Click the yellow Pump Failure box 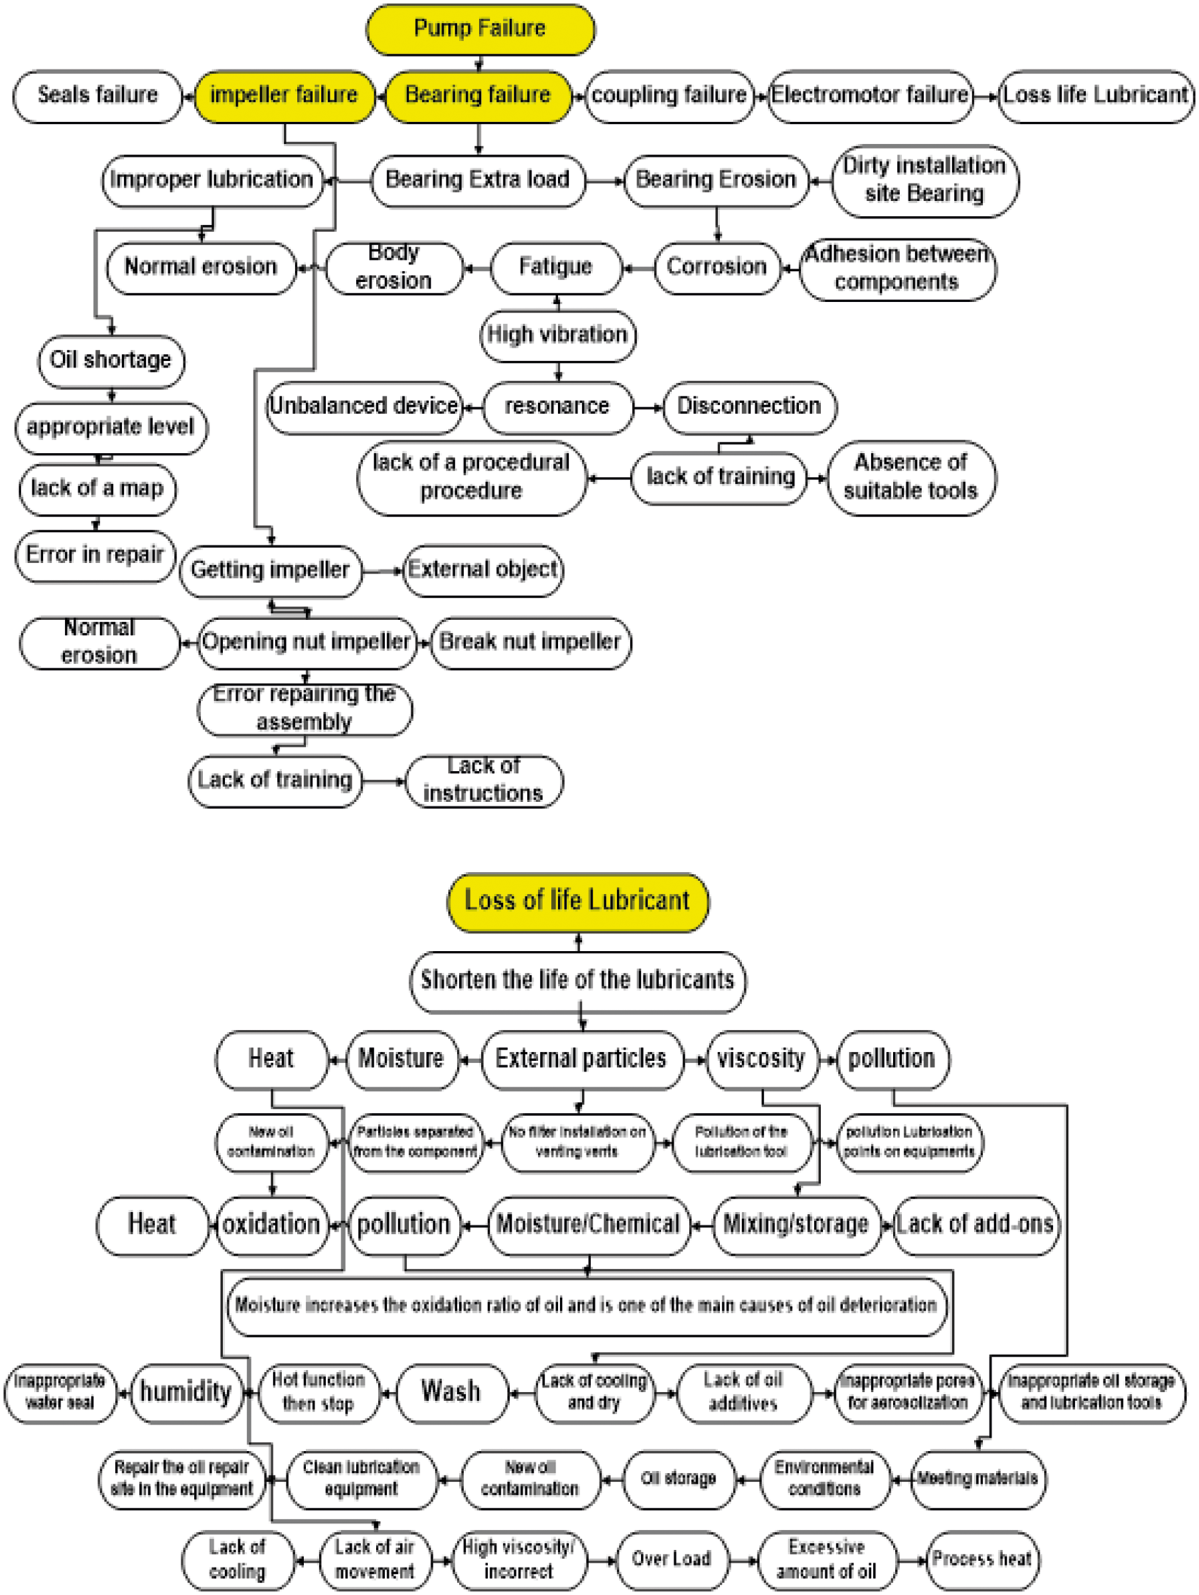(480, 30)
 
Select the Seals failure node (97, 95)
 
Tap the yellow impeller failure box (284, 95)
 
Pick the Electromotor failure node (870, 95)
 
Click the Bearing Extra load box (477, 180)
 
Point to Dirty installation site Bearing (925, 181)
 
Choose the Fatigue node (555, 267)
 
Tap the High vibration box (557, 335)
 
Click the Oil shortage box (110, 360)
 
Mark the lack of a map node (97, 489)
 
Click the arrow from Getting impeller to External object (382, 571)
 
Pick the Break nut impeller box (530, 643)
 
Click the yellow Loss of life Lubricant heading (578, 902)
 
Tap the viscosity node (761, 1060)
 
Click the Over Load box (671, 1559)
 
